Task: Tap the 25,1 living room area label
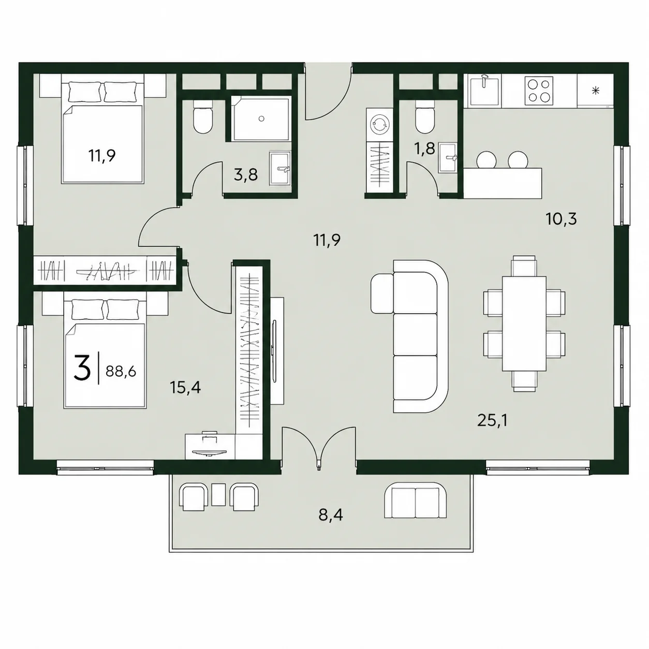(492, 420)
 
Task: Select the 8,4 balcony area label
(331, 515)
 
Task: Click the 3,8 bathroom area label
(246, 175)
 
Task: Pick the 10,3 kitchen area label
(562, 219)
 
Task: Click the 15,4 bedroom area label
(186, 388)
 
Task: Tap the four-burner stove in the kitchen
(539, 90)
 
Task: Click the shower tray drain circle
(262, 119)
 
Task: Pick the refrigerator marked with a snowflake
(596, 90)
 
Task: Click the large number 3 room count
(82, 369)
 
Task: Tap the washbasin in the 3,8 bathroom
(279, 168)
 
